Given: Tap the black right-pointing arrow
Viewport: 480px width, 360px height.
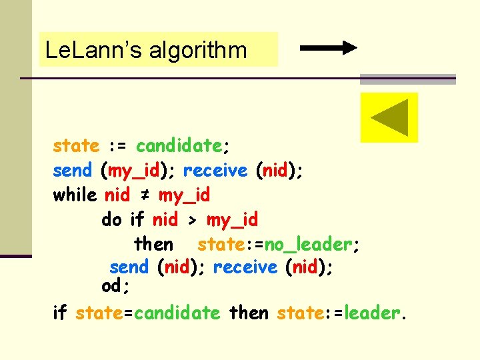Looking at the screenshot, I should pos(329,48).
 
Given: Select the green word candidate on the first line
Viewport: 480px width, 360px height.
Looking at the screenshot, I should pos(179,146).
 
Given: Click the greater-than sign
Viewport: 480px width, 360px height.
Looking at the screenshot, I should pos(192,219).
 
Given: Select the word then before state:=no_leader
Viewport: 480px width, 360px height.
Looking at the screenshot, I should pos(153,244).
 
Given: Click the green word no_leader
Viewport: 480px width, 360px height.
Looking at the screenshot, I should pos(308,245).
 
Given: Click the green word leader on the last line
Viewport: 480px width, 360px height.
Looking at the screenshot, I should pos(375,312).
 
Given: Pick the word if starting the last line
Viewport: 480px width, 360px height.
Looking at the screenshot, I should pos(61,312).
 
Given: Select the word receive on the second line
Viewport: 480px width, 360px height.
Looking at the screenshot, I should pos(215,171).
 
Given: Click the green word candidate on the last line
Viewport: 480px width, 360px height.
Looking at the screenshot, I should pos(177,313).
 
